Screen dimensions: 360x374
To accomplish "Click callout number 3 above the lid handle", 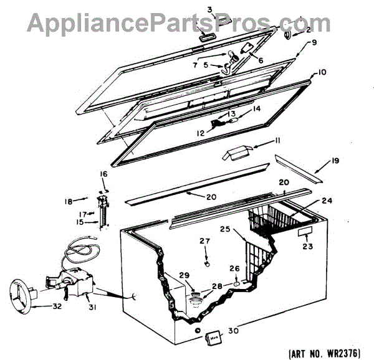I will point(210,9).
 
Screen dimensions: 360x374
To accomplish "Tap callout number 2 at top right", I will point(307,29).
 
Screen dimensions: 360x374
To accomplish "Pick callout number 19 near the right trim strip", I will point(334,161).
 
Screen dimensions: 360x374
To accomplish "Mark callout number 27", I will point(206,241).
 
